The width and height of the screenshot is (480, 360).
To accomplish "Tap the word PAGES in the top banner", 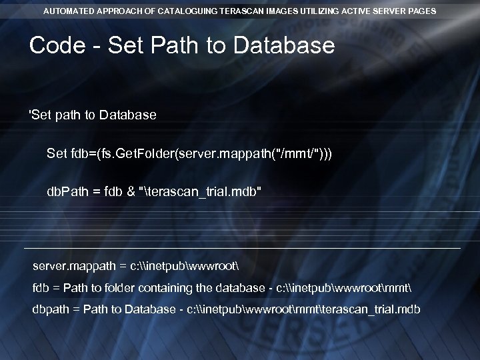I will click(x=422, y=11).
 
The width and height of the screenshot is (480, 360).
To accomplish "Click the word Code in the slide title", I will click(x=57, y=46).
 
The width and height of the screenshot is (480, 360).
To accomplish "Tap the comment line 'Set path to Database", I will click(x=93, y=115).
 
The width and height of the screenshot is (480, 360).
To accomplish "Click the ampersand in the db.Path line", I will click(x=130, y=192).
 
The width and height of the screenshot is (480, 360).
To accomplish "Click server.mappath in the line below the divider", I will click(x=72, y=267).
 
